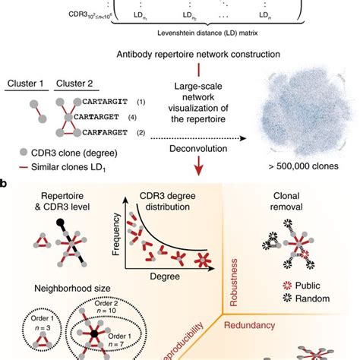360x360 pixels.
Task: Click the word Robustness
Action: tap(235, 264)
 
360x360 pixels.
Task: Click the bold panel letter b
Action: tap(5, 183)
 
